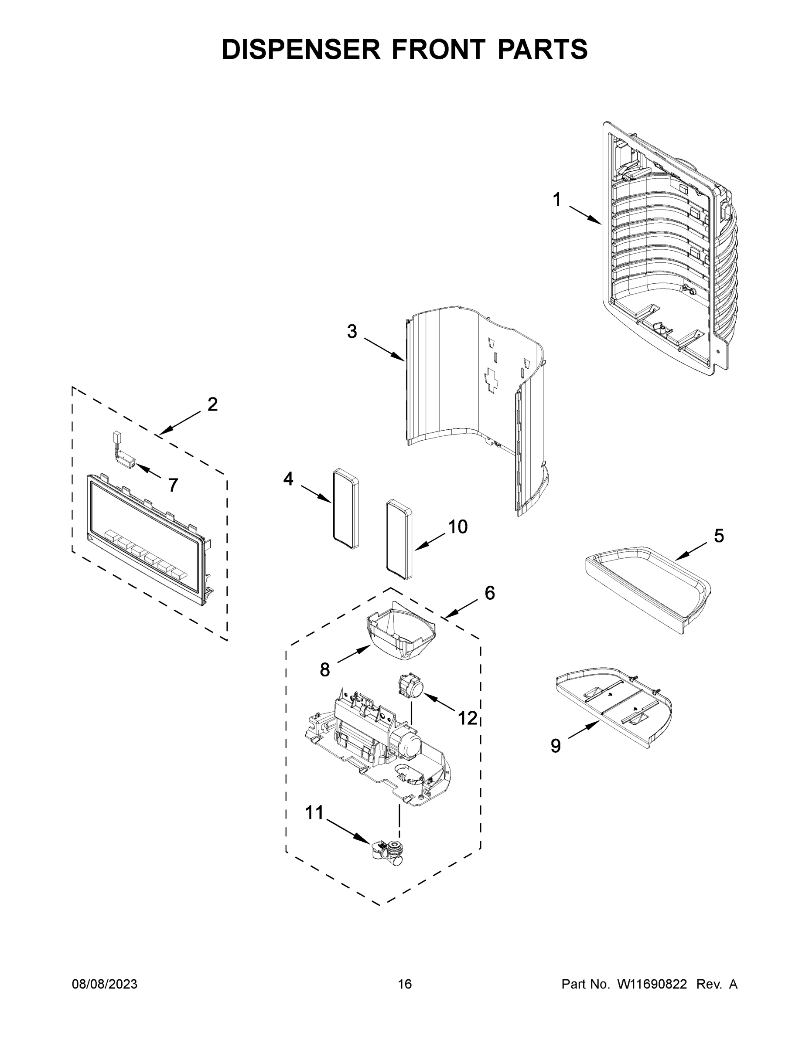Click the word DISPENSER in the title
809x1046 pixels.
click(301, 49)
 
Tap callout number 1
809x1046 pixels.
click(556, 200)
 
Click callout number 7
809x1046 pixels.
click(173, 485)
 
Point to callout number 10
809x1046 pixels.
click(457, 527)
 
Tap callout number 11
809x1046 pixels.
click(315, 813)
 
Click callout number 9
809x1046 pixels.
click(556, 746)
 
